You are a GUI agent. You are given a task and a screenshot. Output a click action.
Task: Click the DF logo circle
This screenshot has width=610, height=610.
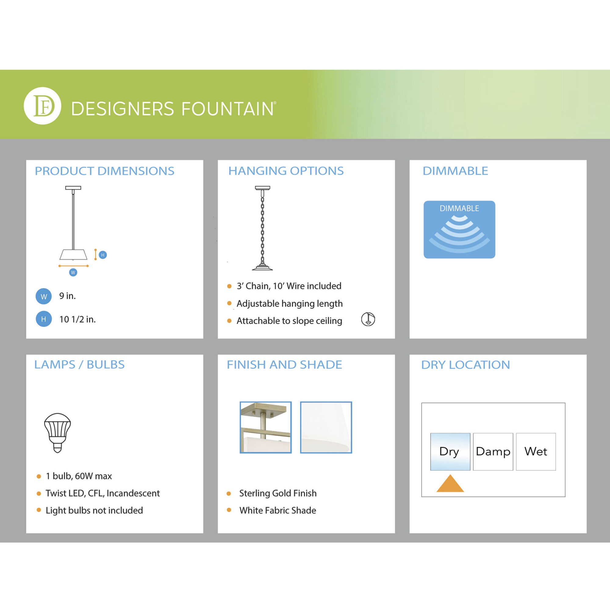click(x=42, y=106)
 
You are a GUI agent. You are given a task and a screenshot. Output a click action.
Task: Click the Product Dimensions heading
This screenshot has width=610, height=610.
click(x=104, y=171)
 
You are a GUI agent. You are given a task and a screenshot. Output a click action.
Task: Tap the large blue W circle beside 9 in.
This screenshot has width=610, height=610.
click(x=44, y=296)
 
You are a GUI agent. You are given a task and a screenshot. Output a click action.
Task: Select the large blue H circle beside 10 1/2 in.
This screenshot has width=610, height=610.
click(x=44, y=319)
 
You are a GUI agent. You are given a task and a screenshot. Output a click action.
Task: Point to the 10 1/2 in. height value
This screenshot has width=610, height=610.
click(x=77, y=319)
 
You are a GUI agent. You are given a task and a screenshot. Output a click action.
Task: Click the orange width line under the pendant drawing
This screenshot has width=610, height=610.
click(x=73, y=266)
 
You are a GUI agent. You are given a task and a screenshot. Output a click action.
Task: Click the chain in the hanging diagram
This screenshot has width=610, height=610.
click(x=262, y=227)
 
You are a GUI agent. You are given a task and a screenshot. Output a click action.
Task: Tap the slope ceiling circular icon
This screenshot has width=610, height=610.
click(x=368, y=319)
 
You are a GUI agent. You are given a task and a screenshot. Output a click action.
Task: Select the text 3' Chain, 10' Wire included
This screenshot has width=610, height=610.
click(x=289, y=286)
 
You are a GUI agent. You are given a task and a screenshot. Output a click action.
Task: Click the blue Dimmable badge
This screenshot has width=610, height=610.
click(x=459, y=230)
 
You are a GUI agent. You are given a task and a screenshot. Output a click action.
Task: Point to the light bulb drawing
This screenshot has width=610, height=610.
click(x=57, y=432)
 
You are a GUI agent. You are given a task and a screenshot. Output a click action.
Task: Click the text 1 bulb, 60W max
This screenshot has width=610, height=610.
click(x=79, y=476)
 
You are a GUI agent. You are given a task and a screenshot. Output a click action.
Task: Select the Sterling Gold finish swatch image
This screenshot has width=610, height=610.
click(x=266, y=427)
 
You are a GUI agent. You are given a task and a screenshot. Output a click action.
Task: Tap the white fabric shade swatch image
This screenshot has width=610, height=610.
click(x=326, y=427)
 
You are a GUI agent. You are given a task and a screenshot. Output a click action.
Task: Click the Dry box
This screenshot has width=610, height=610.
click(x=450, y=451)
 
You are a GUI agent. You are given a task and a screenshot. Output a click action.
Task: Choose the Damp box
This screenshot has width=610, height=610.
click(x=493, y=451)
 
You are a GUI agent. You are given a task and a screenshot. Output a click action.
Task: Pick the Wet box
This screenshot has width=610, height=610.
click(x=536, y=451)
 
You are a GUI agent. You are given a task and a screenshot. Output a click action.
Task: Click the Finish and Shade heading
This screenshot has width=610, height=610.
click(x=284, y=365)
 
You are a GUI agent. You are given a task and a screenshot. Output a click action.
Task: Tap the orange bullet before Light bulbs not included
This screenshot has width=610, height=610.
click(x=39, y=510)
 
